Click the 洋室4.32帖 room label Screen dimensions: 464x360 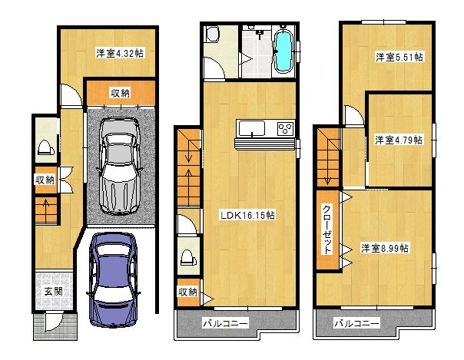tap(120, 54)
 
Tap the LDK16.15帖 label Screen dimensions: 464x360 tap(247, 215)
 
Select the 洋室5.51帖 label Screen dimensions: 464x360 tap(399, 57)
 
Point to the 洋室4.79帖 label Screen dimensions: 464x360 tap(399, 140)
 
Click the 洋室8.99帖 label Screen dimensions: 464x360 tap(385, 248)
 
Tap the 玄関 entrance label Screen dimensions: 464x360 tap(53, 292)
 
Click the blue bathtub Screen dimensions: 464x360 tap(283, 51)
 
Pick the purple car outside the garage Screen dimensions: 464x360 tap(114, 279)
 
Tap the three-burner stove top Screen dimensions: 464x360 tap(286, 129)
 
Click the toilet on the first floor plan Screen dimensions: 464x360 tap(46, 147)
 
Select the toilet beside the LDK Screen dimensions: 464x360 tap(188, 257)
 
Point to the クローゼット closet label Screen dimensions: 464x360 tap(326, 230)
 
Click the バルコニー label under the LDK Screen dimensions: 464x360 tap(226, 323)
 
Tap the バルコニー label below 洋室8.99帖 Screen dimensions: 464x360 tap(356, 323)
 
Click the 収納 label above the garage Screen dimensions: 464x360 tap(120, 94)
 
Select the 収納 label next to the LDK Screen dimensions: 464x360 tap(187, 292)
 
